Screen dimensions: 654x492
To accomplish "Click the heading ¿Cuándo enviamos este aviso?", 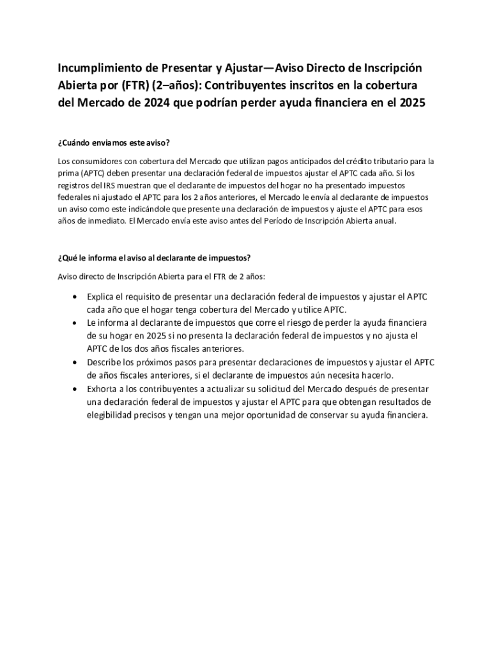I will pos(112,142).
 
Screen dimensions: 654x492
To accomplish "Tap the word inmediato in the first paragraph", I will pos(103,222).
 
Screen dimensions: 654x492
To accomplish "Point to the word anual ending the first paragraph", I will pos(385,222).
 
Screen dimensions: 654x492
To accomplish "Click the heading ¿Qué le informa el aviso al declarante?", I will pos(153,258).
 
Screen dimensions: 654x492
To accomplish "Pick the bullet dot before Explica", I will pos(76,298).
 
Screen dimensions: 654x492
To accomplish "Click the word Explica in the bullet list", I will pos(102,297).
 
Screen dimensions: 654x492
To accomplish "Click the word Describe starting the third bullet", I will pos(106,362).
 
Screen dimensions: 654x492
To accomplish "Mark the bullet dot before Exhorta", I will pos(76,389).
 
